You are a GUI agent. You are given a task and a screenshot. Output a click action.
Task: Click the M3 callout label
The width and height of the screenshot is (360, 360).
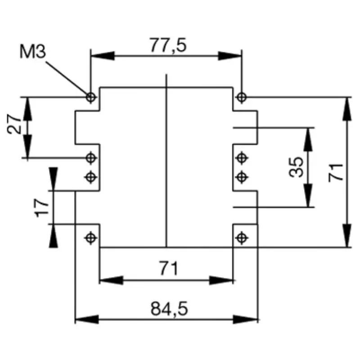[x=33, y=52]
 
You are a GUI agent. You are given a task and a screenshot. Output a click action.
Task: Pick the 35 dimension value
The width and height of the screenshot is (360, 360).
[x=297, y=167]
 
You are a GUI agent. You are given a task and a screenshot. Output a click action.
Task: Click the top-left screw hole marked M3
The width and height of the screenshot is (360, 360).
[x=91, y=97]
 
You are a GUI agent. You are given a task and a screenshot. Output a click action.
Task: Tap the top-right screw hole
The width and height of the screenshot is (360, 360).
[x=242, y=97]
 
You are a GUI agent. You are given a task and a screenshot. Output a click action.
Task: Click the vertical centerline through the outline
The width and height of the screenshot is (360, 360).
[x=166, y=162]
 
